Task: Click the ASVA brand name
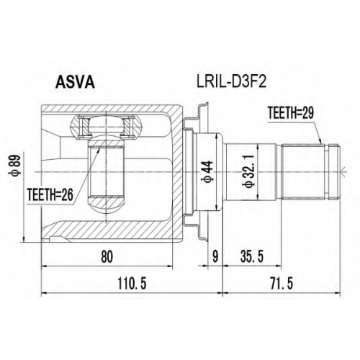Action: click(x=75, y=83)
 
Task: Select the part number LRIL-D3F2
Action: click(x=231, y=82)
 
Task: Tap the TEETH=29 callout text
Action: click(x=291, y=113)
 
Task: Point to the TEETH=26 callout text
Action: click(x=50, y=195)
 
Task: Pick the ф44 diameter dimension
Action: click(x=208, y=171)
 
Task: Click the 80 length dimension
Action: click(x=107, y=257)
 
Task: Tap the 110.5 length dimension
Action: click(x=132, y=284)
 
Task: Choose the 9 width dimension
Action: click(x=215, y=257)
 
